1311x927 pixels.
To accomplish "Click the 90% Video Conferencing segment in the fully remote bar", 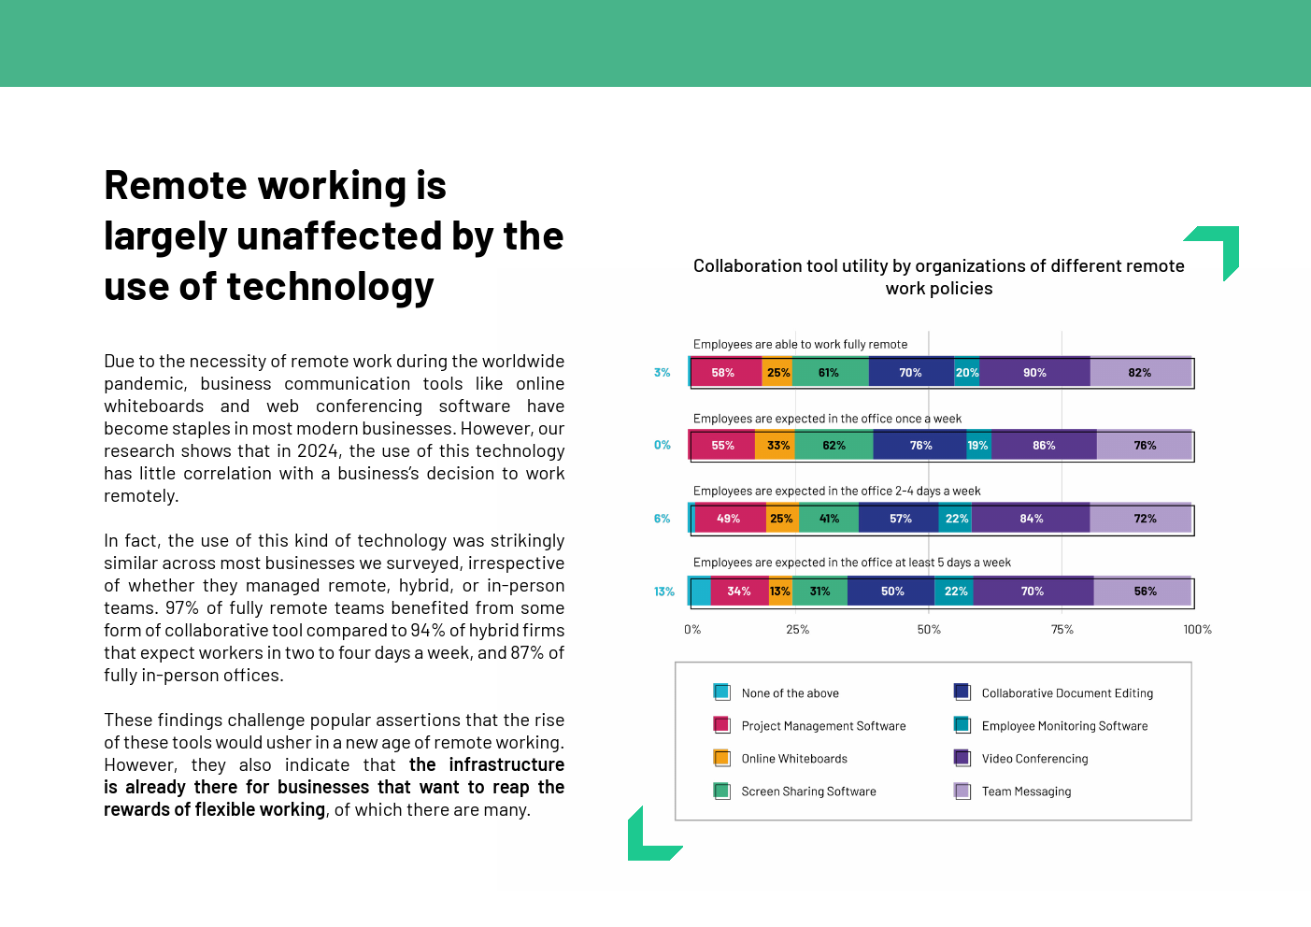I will point(1034,373).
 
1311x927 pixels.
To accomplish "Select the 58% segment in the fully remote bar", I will point(723,373).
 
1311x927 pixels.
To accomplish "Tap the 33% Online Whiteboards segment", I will point(777,446).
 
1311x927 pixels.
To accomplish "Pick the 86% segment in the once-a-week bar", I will point(1044,446).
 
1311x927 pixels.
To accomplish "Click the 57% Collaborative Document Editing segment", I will point(900,519).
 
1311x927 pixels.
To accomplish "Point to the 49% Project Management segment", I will point(728,519).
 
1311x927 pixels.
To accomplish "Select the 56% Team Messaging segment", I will point(1145,592).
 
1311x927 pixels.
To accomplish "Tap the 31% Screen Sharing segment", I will point(819,592).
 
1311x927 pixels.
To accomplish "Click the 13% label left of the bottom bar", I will point(663,592).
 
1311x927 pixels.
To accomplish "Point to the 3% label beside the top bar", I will point(662,373).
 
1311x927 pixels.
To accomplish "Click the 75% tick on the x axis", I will point(1062,630).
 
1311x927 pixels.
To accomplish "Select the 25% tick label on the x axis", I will point(797,630).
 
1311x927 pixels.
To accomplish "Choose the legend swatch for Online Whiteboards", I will point(721,758).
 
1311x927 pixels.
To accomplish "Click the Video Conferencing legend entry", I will point(1034,759).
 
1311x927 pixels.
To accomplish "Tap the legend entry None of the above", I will point(790,693).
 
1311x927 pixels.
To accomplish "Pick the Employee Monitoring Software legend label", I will point(1064,726).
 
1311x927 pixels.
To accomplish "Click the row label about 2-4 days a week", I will point(836,491).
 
